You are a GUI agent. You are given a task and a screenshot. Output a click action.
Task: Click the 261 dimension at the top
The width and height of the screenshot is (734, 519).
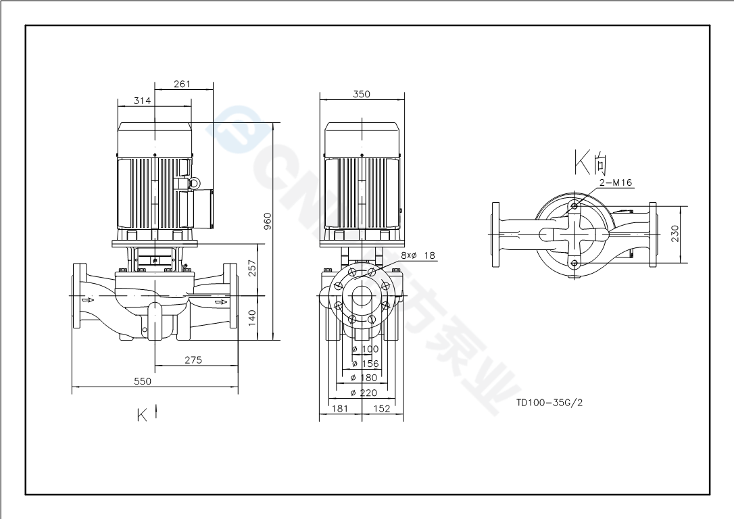coord(182,84)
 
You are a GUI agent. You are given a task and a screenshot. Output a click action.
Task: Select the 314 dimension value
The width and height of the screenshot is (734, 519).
coord(142,101)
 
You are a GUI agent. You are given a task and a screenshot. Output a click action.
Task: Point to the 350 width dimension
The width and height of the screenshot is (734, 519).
coord(362,95)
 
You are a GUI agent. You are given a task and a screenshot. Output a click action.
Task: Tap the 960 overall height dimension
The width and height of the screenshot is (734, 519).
coord(268,220)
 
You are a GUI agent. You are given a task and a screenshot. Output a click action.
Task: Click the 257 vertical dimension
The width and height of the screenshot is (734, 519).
coord(253,269)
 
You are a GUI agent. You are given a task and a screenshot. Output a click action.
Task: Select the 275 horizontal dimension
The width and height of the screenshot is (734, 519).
coord(193,360)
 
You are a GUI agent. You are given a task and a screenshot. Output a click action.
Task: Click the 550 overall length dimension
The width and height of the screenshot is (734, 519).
coord(143,381)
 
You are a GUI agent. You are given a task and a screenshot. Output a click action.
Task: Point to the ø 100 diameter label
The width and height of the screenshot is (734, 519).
coord(366,349)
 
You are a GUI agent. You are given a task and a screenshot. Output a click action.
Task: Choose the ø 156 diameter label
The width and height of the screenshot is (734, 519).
coord(366,364)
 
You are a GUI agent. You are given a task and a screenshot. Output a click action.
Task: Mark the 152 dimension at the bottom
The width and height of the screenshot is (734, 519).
coord(382,408)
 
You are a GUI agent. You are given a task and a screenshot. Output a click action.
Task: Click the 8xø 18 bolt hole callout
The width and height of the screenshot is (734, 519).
coord(418,255)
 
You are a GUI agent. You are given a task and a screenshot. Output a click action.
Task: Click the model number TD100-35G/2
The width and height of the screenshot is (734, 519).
coord(549,402)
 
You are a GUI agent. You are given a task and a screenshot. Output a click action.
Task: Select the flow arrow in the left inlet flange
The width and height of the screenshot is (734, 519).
coord(87,299)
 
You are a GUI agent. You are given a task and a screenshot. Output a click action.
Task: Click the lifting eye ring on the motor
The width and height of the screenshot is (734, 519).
coord(194,182)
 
